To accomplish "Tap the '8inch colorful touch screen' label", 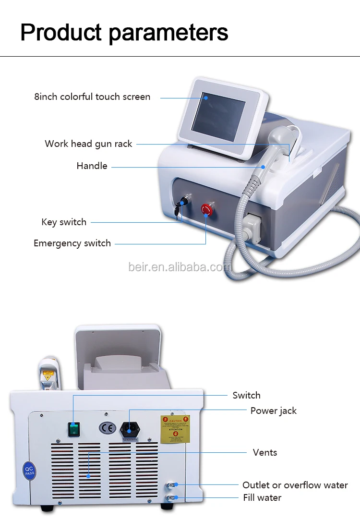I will pyautogui.click(x=92, y=97).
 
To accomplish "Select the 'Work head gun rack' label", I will pyautogui.click(x=88, y=144).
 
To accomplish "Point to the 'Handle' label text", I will pyautogui.click(x=92, y=166).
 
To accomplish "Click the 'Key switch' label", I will pyautogui.click(x=64, y=222).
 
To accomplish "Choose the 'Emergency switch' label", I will pyautogui.click(x=72, y=243).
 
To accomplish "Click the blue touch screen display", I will pyautogui.click(x=218, y=116).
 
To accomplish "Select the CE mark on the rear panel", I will pyautogui.click(x=107, y=427).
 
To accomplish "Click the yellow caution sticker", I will pyautogui.click(x=175, y=429).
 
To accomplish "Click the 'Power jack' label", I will pyautogui.click(x=273, y=411).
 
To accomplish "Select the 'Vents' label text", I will pyautogui.click(x=265, y=452).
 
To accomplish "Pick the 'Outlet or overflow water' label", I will pyautogui.click(x=295, y=485).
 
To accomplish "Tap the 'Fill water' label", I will pyautogui.click(x=262, y=498).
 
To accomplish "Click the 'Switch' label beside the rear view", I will pyautogui.click(x=246, y=396).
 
